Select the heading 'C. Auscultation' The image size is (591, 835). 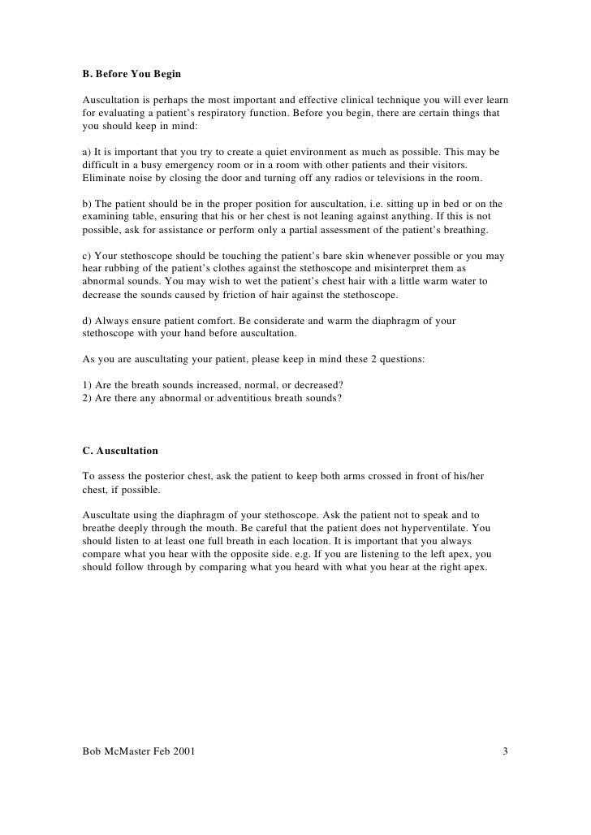pyautogui.click(x=120, y=450)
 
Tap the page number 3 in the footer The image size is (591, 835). pyautogui.click(x=505, y=751)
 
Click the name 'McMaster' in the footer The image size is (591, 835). pyautogui.click(x=134, y=751)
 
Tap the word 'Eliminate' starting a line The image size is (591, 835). pyautogui.click(x=105, y=178)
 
